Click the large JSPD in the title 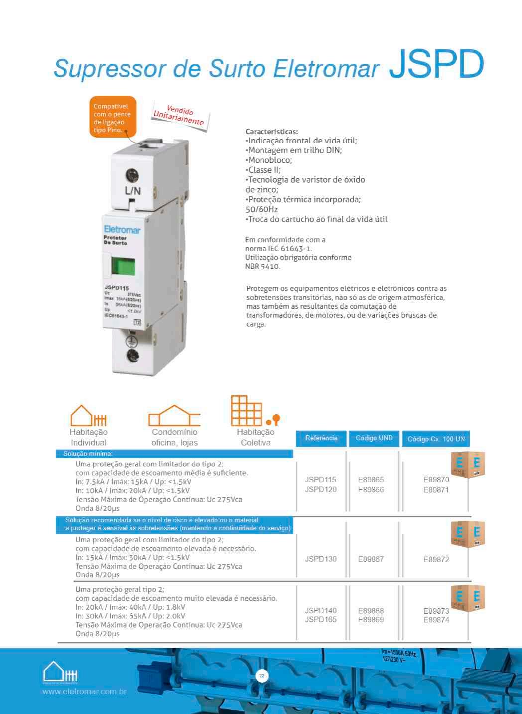coord(436,65)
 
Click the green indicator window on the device coord(123,266)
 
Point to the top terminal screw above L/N coord(132,175)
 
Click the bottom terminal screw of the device coord(132,355)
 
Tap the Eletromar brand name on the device coord(122,230)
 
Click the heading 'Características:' coord(271,132)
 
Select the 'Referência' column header coord(321,438)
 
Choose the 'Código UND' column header coord(374,438)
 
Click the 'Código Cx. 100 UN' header coord(436,439)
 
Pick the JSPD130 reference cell coord(321,559)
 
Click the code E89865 coord(371,480)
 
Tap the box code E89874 coord(436,620)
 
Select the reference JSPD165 coord(321,619)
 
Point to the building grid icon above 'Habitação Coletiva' coord(247,411)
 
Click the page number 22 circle coord(261,676)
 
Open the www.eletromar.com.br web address coord(84,692)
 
